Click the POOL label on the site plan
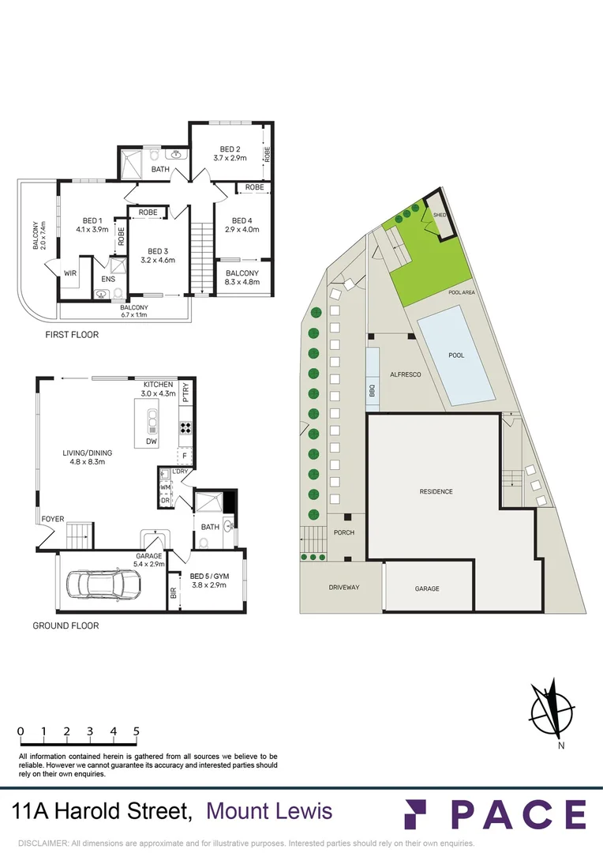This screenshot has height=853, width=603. click(x=456, y=355)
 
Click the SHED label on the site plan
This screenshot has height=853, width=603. click(x=440, y=214)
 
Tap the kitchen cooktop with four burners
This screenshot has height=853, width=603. click(x=186, y=429)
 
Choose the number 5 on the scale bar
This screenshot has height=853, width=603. click(x=137, y=731)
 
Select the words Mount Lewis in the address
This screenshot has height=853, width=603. click(x=269, y=811)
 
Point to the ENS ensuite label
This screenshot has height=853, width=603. click(x=107, y=279)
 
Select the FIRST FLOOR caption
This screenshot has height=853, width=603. click(x=72, y=335)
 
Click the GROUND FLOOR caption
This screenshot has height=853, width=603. click(x=66, y=626)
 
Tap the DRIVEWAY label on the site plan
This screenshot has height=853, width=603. click(x=343, y=588)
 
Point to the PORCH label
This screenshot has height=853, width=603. click(x=343, y=532)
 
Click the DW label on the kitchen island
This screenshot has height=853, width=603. click(x=151, y=442)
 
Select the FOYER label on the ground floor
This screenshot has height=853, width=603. click(x=52, y=519)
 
